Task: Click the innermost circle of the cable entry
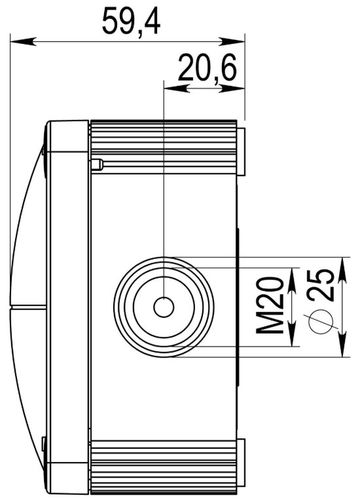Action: [162, 304]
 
